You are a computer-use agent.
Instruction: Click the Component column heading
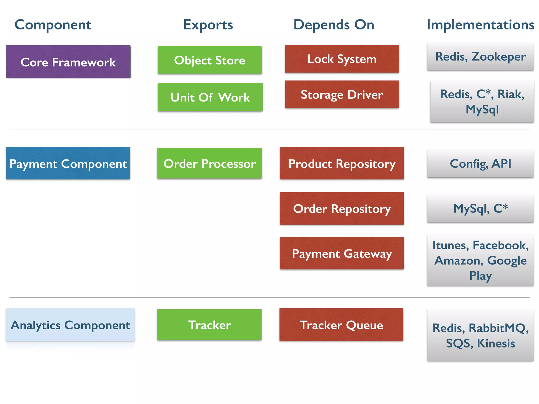53,25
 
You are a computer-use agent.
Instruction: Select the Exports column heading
208,25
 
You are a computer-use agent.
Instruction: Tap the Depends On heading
334,25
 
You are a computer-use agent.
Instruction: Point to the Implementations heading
480,25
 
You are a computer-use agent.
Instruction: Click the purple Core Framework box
68,62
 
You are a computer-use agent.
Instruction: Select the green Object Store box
209,60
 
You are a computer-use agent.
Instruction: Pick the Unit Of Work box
210,97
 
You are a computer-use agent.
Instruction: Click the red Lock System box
342,59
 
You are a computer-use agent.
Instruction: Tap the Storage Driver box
342,94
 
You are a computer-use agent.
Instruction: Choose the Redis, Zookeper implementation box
480,56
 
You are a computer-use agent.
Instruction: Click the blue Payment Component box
68,163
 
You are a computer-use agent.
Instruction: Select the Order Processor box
209,163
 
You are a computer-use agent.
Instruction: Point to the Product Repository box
342,163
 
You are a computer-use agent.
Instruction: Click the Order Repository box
342,208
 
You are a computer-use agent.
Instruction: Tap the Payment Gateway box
342,253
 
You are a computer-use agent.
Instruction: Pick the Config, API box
480,163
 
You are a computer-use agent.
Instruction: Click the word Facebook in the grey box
500,245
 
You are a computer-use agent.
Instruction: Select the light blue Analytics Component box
70,325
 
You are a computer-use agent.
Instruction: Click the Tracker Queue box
341,325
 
